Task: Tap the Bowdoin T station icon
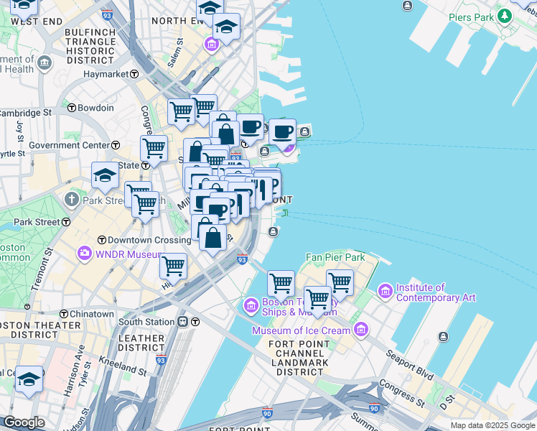point(72,108)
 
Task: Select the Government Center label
point(69,145)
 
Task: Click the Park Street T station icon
point(66,222)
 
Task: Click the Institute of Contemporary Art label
point(436,292)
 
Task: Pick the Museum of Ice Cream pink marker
point(360,330)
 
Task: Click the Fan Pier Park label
point(335,257)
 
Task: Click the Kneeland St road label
point(123,366)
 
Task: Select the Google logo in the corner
point(23,422)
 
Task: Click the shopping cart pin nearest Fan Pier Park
point(339,282)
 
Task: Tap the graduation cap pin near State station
point(105,175)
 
